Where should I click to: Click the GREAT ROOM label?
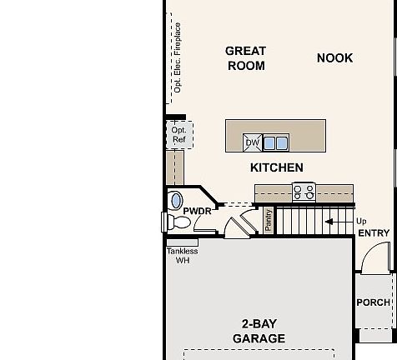tap(245, 58)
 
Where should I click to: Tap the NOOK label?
tap(334, 57)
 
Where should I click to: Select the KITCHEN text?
tap(277, 167)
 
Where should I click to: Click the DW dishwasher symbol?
tap(252, 143)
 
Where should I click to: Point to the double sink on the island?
tap(275, 143)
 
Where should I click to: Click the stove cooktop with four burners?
tap(303, 192)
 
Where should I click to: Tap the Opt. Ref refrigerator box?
tap(178, 135)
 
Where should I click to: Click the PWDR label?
tap(198, 212)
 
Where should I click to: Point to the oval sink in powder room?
tap(176, 201)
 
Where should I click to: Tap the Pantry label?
tap(269, 220)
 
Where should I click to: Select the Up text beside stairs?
tap(361, 221)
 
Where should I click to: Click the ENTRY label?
tap(374, 233)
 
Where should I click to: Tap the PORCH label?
tap(373, 302)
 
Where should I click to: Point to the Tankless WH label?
tap(182, 255)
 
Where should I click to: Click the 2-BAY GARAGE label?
tap(258, 331)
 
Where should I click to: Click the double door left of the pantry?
tap(239, 223)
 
